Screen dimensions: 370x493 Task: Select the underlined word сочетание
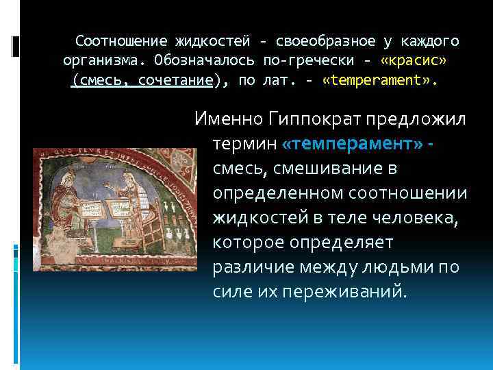click(x=175, y=80)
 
